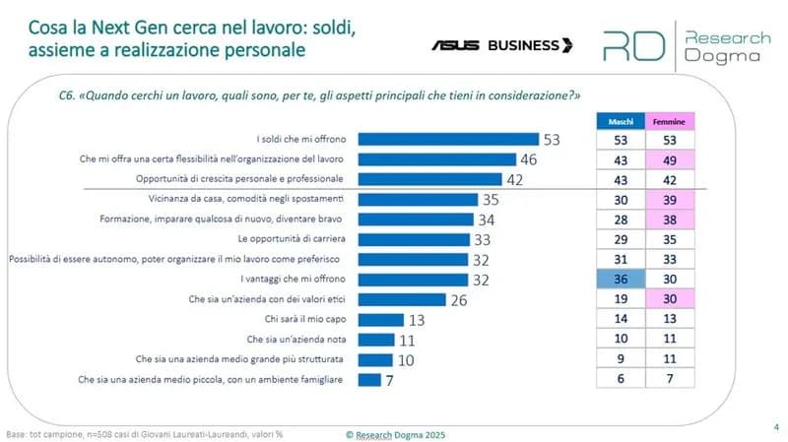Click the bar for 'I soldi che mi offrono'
(447, 139)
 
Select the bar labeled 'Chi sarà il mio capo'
(380, 319)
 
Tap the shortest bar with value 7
(368, 379)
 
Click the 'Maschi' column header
(620, 121)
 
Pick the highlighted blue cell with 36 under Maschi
(620, 280)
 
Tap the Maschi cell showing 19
(620, 299)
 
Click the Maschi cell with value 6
(620, 379)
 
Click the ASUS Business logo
(501, 45)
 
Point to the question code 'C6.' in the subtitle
(69, 96)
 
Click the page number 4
(774, 426)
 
